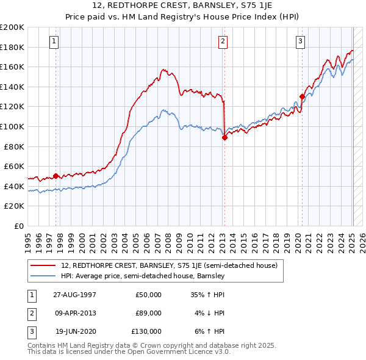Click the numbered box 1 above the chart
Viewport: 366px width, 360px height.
click(x=55, y=41)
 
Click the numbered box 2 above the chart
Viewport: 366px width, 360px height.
click(x=223, y=41)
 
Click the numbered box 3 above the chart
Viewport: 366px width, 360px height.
click(x=301, y=41)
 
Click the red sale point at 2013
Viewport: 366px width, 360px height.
click(x=224, y=138)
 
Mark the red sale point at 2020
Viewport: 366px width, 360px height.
click(x=302, y=96)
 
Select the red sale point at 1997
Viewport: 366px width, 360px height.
click(x=56, y=176)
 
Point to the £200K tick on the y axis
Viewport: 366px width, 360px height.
click(x=12, y=27)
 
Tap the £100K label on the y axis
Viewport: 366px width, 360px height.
click(x=12, y=126)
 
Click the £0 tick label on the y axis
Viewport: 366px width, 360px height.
click(x=18, y=226)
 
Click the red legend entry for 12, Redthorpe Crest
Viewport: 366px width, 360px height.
click(x=169, y=265)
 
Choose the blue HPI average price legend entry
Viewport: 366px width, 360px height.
click(x=143, y=276)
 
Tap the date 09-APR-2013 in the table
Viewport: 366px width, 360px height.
click(x=75, y=313)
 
